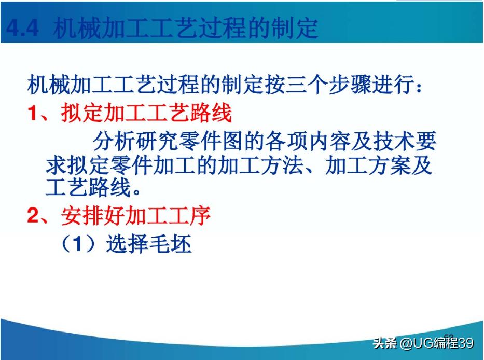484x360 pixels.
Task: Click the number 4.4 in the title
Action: pyautogui.click(x=22, y=29)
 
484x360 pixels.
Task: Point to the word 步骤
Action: pyautogui.click(x=352, y=85)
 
